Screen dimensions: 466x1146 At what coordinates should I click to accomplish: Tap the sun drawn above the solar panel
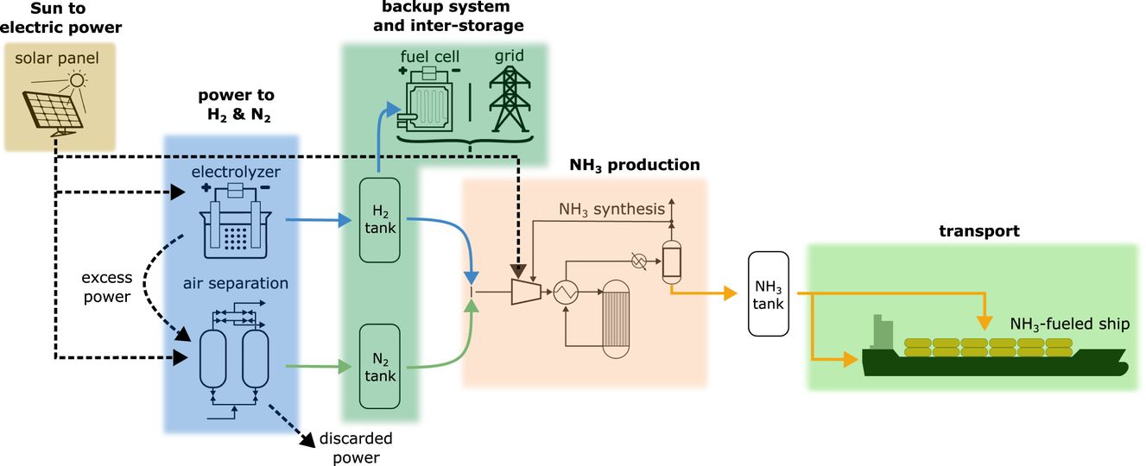79,82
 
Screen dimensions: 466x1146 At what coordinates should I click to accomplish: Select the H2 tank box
379,221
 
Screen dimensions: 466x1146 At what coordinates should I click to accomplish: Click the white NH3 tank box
769,294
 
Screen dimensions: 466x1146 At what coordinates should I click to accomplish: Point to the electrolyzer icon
232,220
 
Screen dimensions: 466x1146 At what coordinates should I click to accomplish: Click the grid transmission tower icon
509,97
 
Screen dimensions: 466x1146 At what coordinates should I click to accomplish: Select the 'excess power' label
107,288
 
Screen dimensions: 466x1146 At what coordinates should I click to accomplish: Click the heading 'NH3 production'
635,164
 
